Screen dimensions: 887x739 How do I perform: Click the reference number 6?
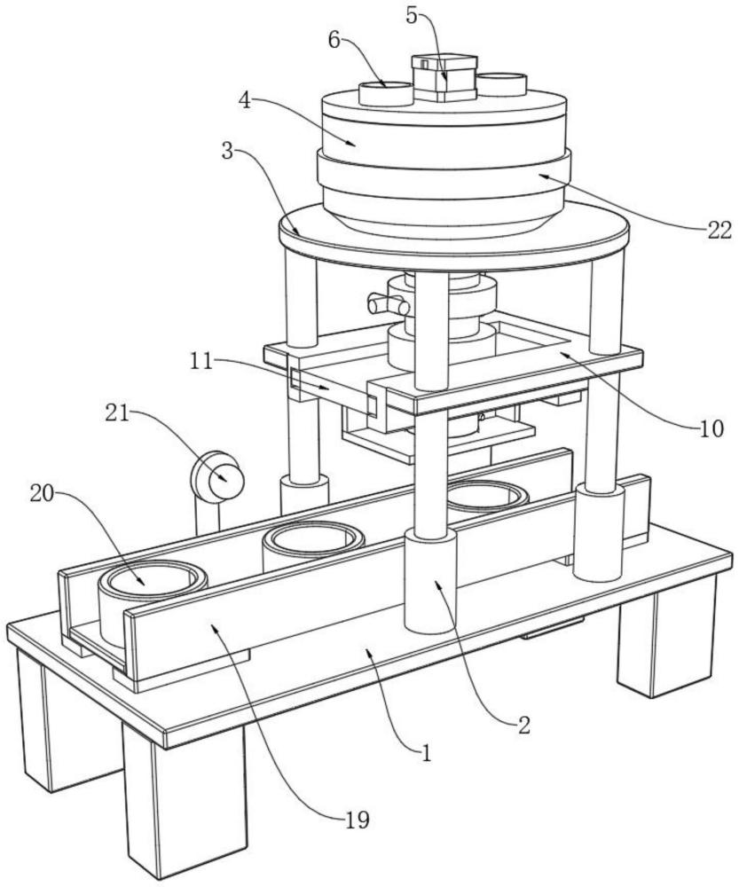[x=333, y=42]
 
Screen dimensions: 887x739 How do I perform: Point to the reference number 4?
[x=248, y=100]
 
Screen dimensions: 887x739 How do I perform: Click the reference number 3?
[x=228, y=151]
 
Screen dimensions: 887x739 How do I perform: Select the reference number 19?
[x=356, y=820]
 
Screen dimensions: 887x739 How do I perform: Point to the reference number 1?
[x=427, y=755]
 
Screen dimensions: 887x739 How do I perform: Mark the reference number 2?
[x=524, y=726]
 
